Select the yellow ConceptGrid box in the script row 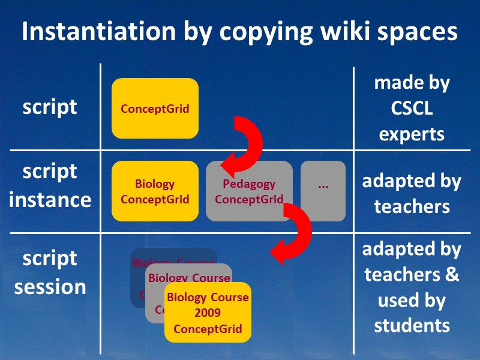[155, 109]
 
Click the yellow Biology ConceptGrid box [155, 191]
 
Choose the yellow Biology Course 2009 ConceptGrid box [208, 313]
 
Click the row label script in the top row [50, 107]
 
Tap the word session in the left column [50, 286]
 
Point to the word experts [412, 133]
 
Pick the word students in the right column [412, 325]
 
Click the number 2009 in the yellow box [208, 313]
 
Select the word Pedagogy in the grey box [249, 184]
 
